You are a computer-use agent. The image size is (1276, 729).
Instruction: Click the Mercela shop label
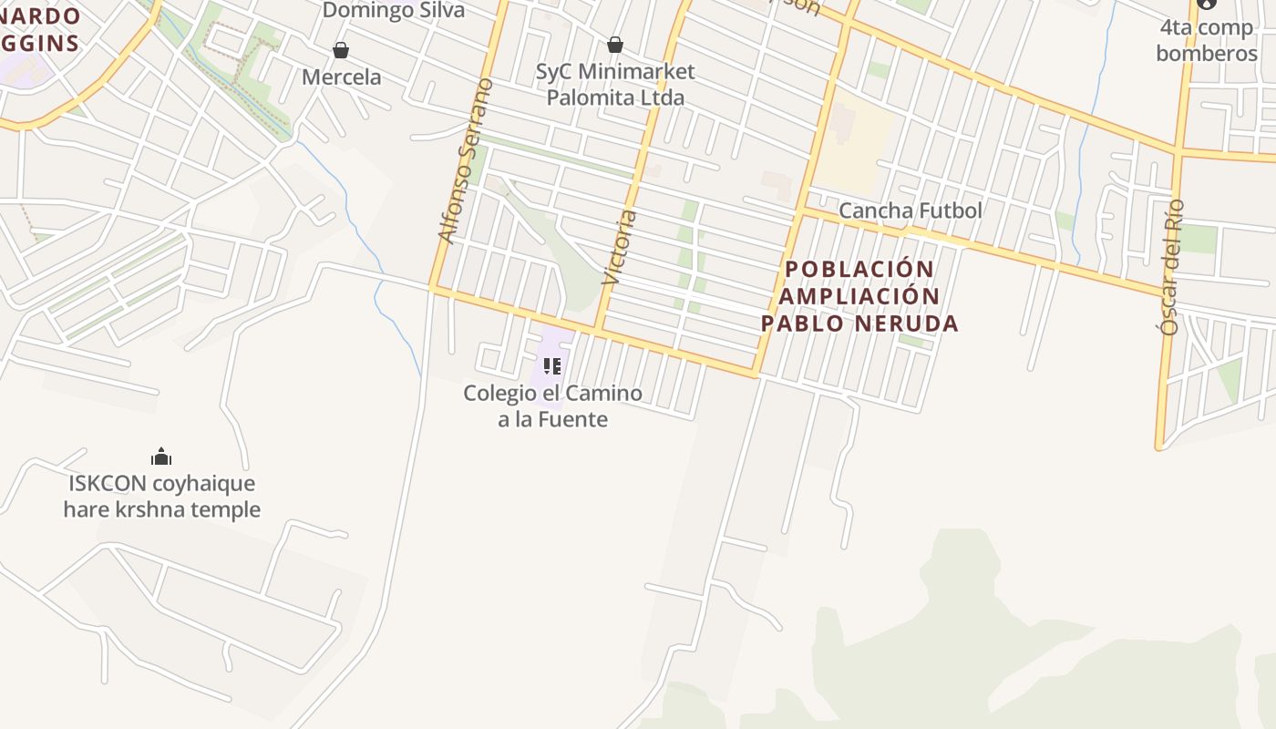[341, 77]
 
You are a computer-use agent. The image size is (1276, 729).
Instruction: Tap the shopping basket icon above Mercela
[341, 49]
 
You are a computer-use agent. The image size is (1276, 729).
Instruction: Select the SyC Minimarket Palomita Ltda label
[615, 84]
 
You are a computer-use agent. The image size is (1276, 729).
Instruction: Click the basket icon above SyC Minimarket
[615, 44]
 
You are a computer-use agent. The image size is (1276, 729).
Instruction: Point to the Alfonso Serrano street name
[465, 161]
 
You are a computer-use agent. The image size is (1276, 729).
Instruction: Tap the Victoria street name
[619, 249]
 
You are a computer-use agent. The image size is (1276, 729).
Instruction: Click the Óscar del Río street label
[1172, 266]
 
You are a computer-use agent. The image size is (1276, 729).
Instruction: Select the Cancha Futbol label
[910, 210]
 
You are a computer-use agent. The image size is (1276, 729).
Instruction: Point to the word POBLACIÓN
[859, 270]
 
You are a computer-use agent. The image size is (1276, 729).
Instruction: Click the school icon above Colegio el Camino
[551, 366]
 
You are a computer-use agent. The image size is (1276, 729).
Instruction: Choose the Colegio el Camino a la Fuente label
[552, 406]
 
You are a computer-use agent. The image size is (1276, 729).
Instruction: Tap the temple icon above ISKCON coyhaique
[161, 457]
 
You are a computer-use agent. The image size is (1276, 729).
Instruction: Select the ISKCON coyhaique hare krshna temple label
[161, 497]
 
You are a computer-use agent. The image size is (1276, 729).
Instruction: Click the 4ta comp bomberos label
[1206, 40]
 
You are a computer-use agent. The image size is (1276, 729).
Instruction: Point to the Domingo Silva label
[394, 10]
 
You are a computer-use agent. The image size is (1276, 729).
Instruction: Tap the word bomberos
[1206, 53]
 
